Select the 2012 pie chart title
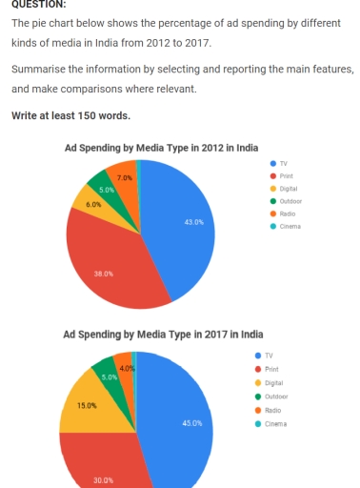pos(161,148)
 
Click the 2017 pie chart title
pos(163,335)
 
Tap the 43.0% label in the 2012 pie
pos(193,222)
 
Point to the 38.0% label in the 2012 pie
pos(104,274)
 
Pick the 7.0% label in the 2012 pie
pos(125,178)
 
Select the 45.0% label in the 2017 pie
pos(191,422)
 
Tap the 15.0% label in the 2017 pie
pos(87,406)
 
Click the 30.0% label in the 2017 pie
pos(103,480)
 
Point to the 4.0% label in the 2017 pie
pos(127,368)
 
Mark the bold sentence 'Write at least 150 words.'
pos(70,116)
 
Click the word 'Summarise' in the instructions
pos(33,70)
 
